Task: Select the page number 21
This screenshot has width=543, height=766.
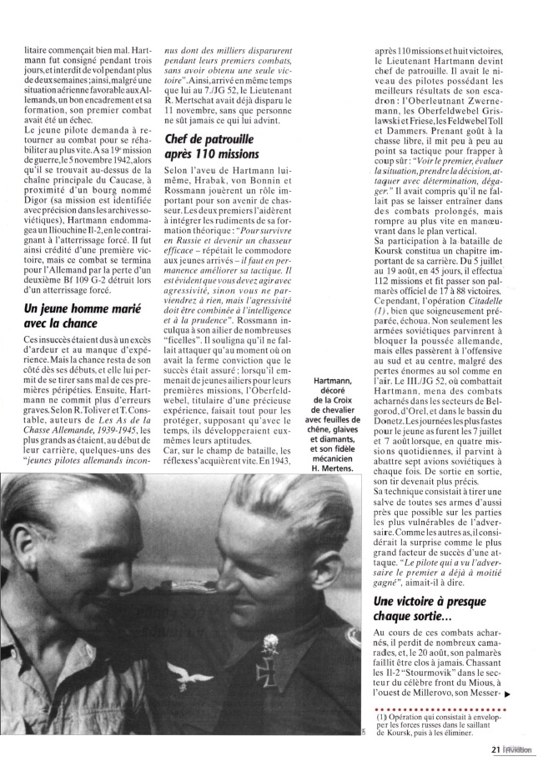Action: click(x=495, y=749)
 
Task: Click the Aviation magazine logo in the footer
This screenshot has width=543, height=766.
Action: click(x=520, y=749)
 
